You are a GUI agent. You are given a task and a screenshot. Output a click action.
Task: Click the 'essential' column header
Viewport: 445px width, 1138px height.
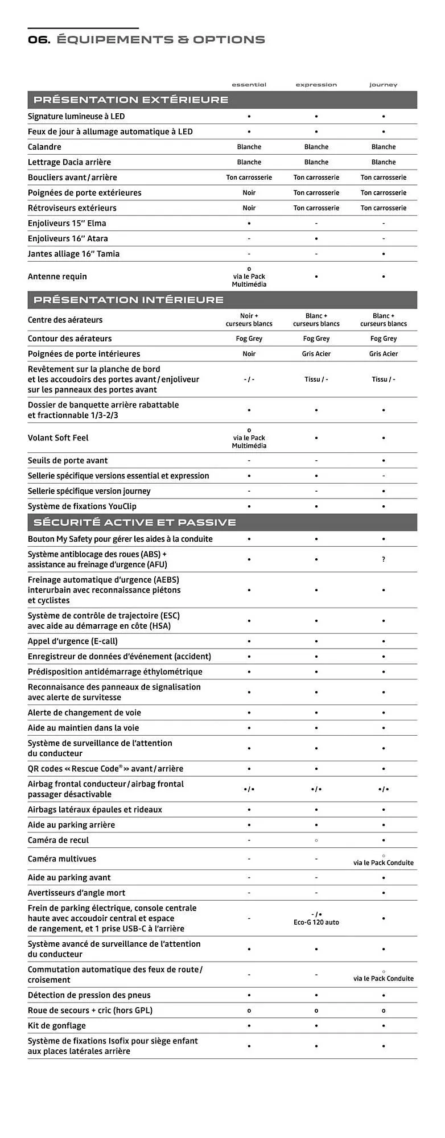[x=249, y=85]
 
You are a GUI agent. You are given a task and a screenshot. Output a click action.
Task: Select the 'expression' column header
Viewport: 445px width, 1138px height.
[x=316, y=85]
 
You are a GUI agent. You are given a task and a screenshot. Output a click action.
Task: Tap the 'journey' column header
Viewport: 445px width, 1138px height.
[x=383, y=85]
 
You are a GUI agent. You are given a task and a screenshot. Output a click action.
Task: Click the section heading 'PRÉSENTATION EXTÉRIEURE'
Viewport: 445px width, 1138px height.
[x=131, y=100]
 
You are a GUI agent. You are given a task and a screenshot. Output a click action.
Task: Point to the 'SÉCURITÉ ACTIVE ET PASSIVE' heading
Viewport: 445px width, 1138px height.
[x=134, y=522]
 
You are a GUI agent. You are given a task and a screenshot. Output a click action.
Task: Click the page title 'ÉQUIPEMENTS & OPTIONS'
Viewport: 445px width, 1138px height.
[x=161, y=39]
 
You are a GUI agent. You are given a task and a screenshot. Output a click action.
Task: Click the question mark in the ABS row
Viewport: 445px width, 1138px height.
[x=384, y=560]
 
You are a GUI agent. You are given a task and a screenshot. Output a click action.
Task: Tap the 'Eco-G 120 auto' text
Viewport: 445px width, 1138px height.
[x=316, y=922]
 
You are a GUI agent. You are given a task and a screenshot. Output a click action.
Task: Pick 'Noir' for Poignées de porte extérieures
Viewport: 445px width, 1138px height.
[x=249, y=193]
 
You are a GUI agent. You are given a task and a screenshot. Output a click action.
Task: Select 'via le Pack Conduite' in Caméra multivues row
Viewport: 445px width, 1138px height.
[x=384, y=863]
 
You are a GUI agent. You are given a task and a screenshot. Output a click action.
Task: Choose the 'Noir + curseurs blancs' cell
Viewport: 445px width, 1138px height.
[x=249, y=320]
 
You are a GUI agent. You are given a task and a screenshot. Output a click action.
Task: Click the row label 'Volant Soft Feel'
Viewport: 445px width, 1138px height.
[x=58, y=438]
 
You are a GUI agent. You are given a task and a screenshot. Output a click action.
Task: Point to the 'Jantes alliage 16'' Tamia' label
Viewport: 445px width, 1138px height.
[x=74, y=254]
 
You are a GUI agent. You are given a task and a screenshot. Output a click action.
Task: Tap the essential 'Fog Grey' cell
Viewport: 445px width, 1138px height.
[x=249, y=339]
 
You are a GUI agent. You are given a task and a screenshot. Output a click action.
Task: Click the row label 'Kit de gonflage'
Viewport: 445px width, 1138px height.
[x=57, y=1025]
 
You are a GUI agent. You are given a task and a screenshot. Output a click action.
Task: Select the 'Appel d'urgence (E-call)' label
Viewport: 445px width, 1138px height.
[x=73, y=641]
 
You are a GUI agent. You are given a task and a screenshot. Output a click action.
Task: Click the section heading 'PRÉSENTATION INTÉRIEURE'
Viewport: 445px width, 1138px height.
[x=129, y=300]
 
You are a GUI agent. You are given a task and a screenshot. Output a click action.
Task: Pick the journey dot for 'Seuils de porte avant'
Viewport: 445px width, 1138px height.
[x=384, y=461]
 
